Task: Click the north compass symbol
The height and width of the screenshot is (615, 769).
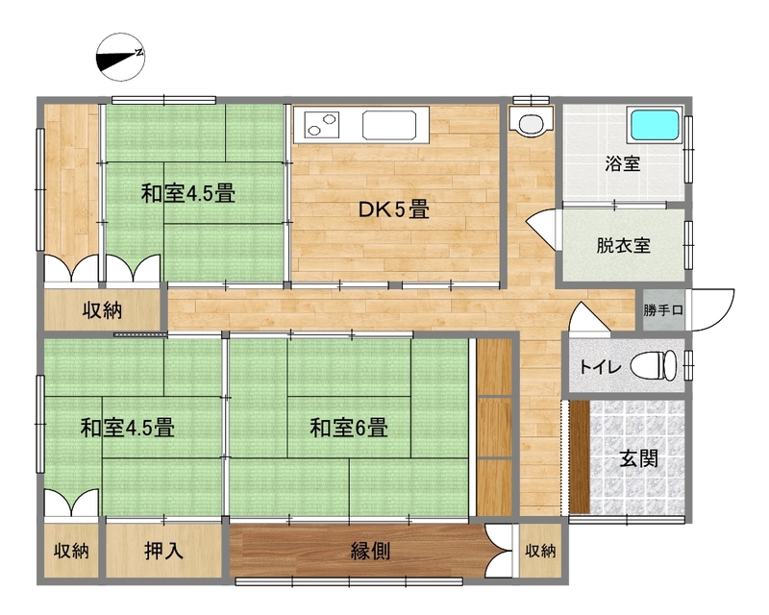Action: (x=120, y=58)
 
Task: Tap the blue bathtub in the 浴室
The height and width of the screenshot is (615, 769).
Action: (x=655, y=126)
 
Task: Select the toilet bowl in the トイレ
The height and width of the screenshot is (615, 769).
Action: (x=654, y=365)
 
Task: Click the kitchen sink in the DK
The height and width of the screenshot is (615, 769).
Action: (x=389, y=126)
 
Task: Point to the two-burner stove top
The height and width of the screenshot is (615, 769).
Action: (x=322, y=124)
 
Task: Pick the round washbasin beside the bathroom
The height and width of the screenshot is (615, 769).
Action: (x=530, y=124)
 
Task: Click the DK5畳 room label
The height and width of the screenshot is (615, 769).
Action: (x=394, y=209)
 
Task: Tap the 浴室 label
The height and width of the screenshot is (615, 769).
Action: (x=622, y=163)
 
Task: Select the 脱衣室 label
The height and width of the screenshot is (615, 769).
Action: (x=623, y=245)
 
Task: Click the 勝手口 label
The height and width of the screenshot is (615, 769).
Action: (x=663, y=310)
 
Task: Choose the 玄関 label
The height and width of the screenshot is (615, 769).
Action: (x=638, y=459)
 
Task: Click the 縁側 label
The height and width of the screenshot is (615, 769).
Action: (x=370, y=552)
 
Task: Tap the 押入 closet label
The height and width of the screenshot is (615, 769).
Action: (x=163, y=552)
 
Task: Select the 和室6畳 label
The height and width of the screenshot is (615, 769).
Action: (x=349, y=428)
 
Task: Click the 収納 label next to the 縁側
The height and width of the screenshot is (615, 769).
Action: (x=540, y=552)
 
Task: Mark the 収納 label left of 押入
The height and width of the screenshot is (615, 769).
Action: (x=71, y=552)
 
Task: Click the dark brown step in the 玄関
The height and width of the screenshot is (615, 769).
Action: (x=580, y=456)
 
